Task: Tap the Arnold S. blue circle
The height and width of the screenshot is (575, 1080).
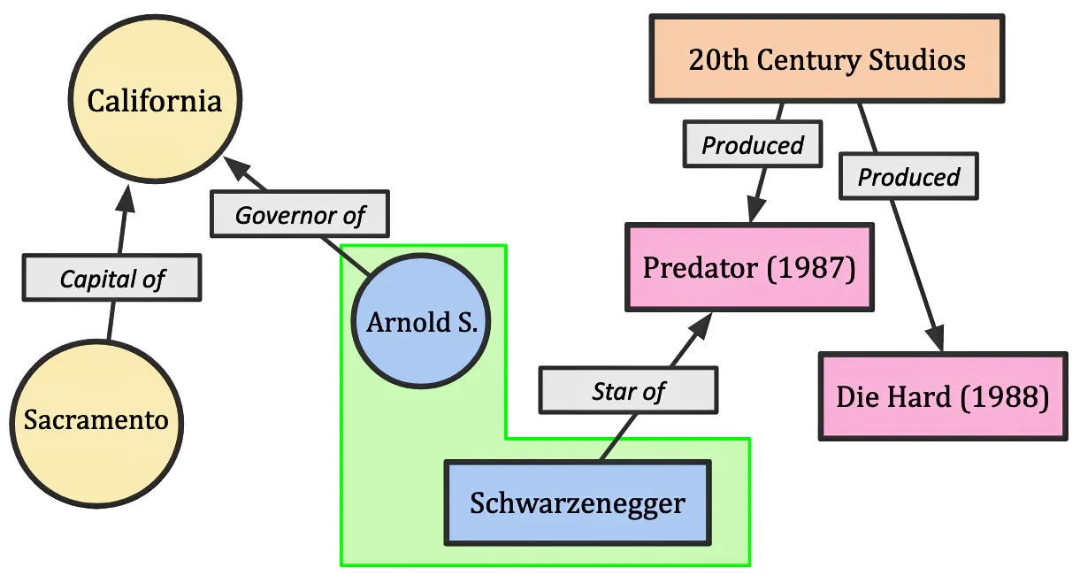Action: [421, 322]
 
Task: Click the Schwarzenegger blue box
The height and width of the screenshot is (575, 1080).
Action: [577, 503]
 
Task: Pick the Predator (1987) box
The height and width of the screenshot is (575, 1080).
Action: [748, 267]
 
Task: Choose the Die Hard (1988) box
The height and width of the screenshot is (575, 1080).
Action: [942, 396]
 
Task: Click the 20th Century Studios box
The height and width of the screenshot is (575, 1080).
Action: [827, 60]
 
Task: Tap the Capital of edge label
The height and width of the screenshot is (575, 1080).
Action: [111, 280]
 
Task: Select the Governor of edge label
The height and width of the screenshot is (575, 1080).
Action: [300, 214]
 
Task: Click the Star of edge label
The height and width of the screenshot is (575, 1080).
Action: [628, 390]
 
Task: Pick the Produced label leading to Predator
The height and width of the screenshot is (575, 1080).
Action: [753, 145]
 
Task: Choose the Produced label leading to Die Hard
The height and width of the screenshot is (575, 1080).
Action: [908, 177]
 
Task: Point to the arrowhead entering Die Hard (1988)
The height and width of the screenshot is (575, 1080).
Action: [935, 339]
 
